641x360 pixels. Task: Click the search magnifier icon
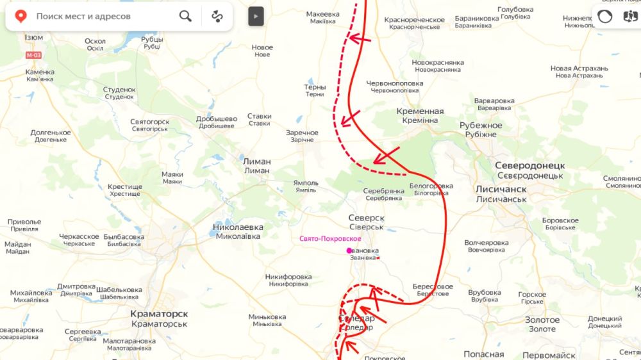185,16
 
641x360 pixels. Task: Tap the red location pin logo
21,16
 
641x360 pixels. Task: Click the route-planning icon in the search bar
218,16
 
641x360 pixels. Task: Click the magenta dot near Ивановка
349,250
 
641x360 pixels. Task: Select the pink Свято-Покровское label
330,239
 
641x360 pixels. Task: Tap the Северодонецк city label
529,165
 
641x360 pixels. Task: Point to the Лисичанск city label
501,190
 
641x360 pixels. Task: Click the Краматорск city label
159,314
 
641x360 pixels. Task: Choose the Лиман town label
257,162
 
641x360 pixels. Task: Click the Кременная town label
420,111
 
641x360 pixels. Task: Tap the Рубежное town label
481,126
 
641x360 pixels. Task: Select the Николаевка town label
238,227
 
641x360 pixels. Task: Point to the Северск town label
366,218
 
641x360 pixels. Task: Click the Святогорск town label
149,122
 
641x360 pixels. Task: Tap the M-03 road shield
33,56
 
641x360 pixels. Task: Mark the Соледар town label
356,319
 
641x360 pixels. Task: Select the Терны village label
315,87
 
